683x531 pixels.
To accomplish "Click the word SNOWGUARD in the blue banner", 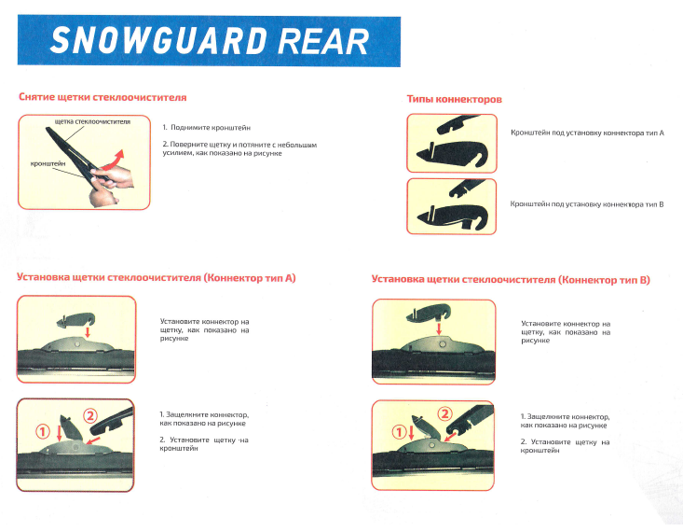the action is [x=158, y=40].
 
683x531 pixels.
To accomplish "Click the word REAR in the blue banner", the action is [x=323, y=41].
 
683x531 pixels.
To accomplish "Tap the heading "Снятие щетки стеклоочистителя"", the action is [x=102, y=97].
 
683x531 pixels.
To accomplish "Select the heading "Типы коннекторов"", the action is [x=455, y=99].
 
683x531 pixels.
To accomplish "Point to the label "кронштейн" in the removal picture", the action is [x=48, y=163].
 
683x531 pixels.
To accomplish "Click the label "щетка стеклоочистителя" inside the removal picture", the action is [x=92, y=121].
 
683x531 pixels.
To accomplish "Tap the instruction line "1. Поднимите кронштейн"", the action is [x=207, y=128].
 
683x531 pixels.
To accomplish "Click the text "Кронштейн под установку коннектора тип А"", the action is [x=587, y=133].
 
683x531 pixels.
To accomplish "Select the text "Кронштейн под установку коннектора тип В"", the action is [x=587, y=204].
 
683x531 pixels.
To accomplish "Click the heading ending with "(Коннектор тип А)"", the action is [x=156, y=278].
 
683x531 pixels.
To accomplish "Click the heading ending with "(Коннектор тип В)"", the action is [x=511, y=280].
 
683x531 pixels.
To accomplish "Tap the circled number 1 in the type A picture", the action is [x=43, y=432].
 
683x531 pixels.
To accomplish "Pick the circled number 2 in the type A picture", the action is [x=89, y=416].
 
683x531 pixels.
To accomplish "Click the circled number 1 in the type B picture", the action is [x=399, y=432].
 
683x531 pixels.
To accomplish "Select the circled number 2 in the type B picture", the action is [x=444, y=413].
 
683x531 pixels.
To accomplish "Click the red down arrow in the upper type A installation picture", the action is [x=88, y=332].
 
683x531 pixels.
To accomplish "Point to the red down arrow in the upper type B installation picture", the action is [x=439, y=328].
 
